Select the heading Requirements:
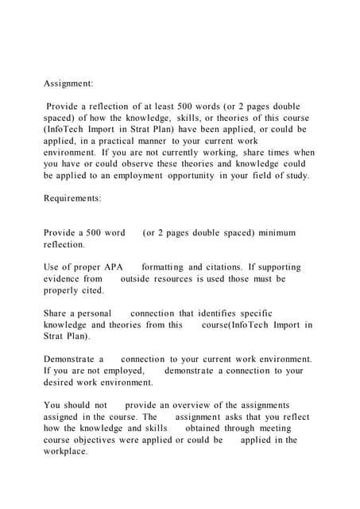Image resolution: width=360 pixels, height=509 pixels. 79,203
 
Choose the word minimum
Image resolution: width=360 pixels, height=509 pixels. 274,233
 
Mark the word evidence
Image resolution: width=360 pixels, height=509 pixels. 63,280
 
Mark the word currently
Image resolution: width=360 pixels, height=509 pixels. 192,152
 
